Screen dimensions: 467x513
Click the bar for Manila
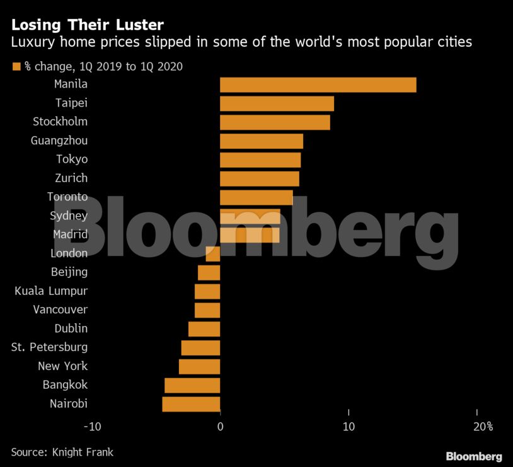click(x=318, y=84)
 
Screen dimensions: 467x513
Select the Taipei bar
click(x=277, y=103)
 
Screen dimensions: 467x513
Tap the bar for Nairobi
click(x=191, y=404)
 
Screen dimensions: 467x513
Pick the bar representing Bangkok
click(x=192, y=385)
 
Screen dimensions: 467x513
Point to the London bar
click(x=213, y=254)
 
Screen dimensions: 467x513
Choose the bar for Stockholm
click(x=275, y=122)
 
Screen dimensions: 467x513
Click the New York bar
click(x=199, y=366)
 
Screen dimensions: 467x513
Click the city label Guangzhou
click(x=59, y=141)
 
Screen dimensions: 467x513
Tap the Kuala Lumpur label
click(x=51, y=291)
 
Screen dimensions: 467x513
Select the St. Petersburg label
click(x=50, y=347)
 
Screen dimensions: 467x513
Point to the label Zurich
click(x=71, y=178)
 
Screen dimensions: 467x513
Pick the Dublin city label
click(x=71, y=328)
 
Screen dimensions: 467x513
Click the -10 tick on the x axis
click(x=93, y=427)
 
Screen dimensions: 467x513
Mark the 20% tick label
click(x=482, y=427)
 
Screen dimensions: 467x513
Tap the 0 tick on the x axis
click(x=220, y=427)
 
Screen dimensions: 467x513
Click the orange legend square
click(x=16, y=66)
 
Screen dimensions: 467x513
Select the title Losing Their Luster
click(x=88, y=25)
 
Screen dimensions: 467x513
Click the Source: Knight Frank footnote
click(x=62, y=453)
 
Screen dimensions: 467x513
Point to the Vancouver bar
click(x=207, y=310)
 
